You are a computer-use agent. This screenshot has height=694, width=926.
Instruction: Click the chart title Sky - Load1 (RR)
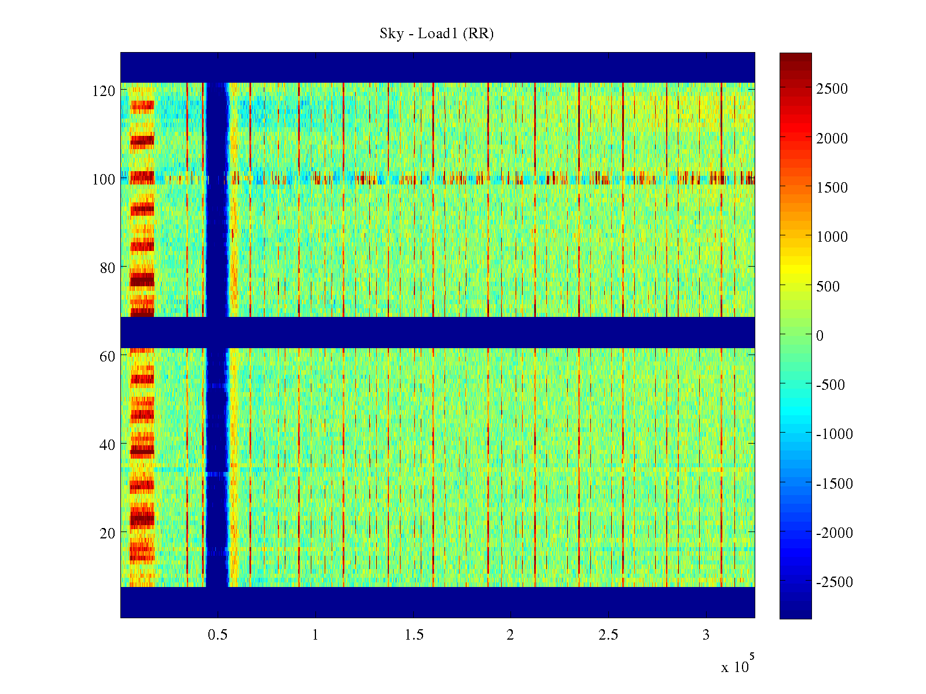[x=436, y=34]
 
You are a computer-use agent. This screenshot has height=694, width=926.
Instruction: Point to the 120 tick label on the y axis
[x=104, y=91]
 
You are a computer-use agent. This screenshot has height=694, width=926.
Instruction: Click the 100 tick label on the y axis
[x=104, y=179]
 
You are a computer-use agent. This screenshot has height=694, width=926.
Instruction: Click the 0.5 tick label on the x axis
[x=218, y=635]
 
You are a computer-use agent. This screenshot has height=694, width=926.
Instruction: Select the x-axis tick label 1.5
[x=414, y=635]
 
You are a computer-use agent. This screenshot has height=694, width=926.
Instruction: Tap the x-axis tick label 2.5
[x=608, y=635]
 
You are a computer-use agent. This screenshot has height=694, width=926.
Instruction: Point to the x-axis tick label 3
[x=705, y=635]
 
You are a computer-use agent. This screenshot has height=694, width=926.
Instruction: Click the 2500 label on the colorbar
[x=832, y=89]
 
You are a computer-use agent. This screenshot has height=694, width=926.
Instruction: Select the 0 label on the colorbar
[x=820, y=335]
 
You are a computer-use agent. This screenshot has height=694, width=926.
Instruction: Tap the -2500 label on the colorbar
[x=834, y=582]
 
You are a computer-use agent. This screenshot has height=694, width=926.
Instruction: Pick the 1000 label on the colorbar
[x=832, y=237]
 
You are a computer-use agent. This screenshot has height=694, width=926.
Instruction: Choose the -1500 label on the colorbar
[x=834, y=483]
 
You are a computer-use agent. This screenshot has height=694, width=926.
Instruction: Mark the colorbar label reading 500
[x=828, y=286]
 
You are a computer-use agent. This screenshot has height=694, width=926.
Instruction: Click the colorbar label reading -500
[x=831, y=385]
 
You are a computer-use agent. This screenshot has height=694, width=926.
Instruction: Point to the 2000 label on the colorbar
[x=832, y=138]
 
